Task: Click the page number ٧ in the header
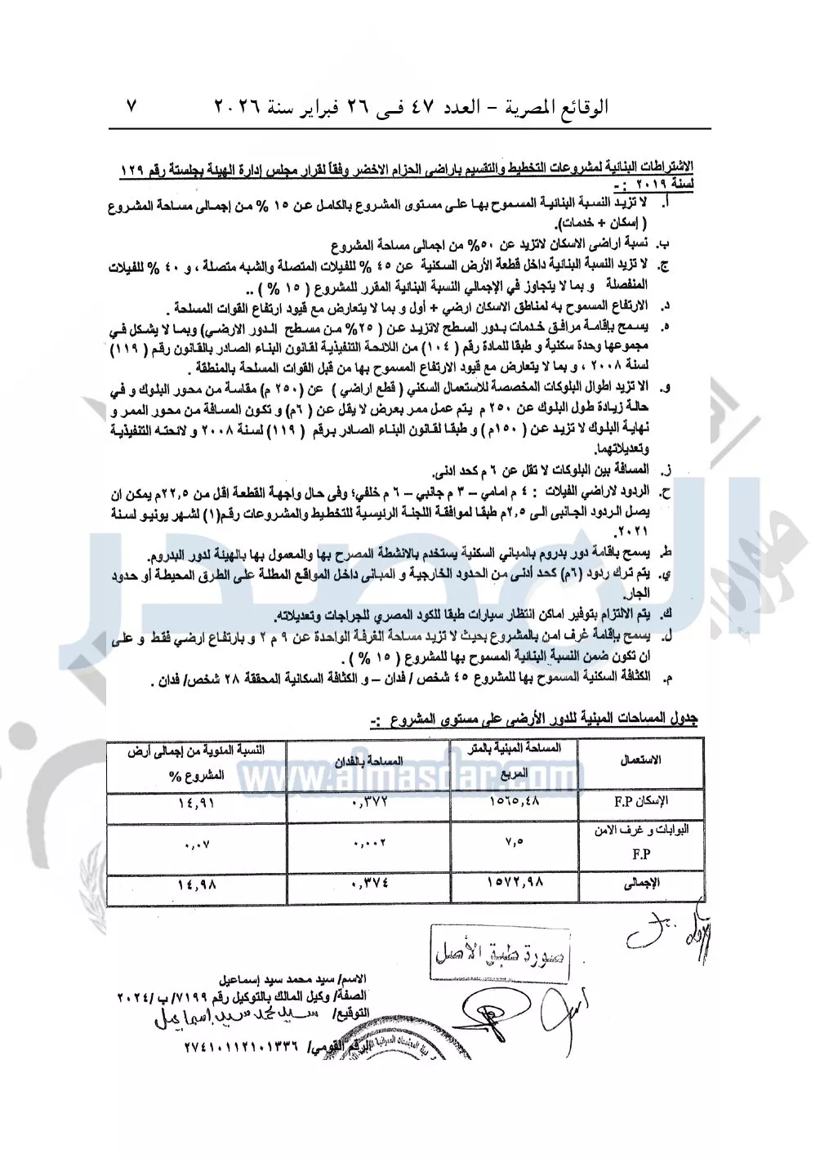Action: click(132, 106)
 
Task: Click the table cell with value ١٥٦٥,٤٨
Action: click(515, 802)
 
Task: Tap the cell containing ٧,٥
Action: click(515, 841)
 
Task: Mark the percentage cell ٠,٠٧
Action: click(197, 841)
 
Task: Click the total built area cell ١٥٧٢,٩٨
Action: click(515, 882)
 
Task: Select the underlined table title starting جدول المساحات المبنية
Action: click(532, 719)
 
